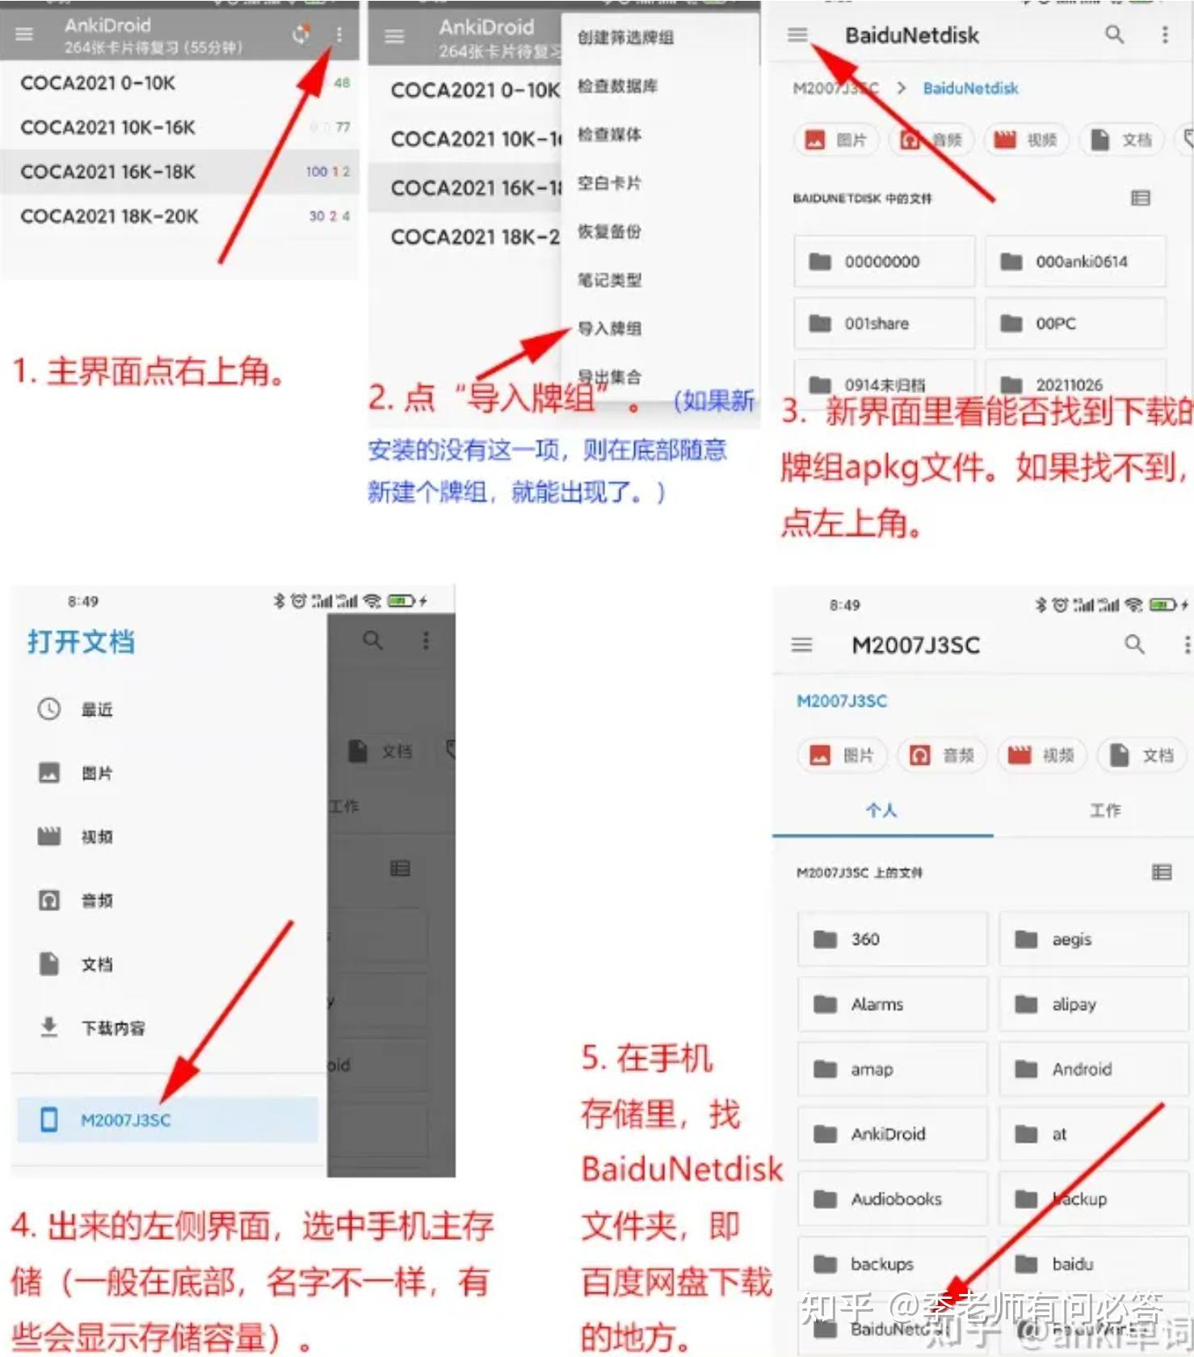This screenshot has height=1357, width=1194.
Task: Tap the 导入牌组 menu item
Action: tap(610, 329)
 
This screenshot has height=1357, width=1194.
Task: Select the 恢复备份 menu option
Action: tap(610, 232)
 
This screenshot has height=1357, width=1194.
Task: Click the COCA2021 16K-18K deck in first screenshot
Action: tap(108, 172)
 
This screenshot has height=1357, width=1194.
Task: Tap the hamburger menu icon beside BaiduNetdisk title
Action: tap(797, 35)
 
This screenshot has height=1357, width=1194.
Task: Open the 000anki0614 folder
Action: tap(1074, 262)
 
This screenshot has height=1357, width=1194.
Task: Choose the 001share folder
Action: tap(884, 324)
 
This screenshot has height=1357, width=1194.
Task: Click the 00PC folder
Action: tap(1074, 324)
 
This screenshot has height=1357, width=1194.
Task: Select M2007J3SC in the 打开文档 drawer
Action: tap(125, 1120)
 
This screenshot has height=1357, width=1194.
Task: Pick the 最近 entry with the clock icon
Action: tap(96, 710)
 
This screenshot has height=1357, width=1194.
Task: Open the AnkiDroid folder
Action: tap(888, 1134)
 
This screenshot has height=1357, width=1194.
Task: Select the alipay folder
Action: tap(1074, 1005)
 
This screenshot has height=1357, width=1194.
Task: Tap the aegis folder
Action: tap(1071, 939)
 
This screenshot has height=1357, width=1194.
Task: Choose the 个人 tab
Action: tap(881, 810)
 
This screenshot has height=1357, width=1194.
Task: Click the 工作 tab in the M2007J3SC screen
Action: tap(1105, 810)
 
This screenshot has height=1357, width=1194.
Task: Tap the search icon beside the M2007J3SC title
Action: tap(1134, 645)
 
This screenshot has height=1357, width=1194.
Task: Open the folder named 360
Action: tap(865, 939)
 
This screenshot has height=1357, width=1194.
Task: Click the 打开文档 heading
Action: tap(81, 642)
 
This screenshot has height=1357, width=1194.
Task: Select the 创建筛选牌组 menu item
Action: tap(625, 38)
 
